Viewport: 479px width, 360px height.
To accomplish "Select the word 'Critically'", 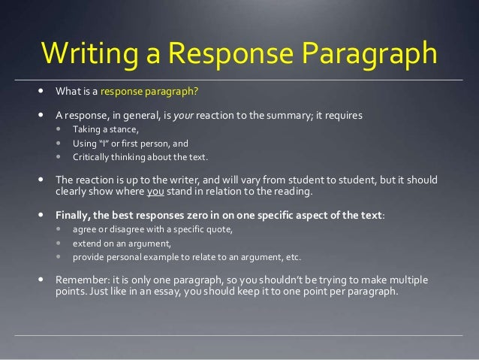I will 94,157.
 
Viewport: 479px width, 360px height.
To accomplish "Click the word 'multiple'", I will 405,280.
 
